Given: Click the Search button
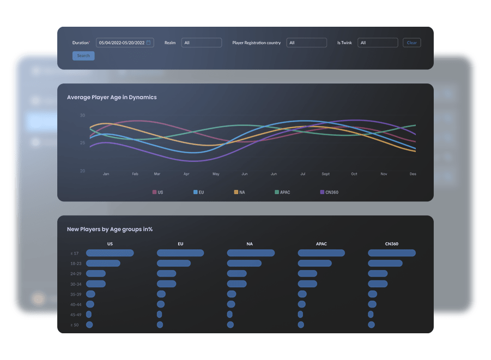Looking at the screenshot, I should pyautogui.click(x=83, y=56).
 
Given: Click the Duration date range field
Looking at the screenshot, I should pyautogui.click(x=122, y=43).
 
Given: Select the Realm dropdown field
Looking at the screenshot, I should pyautogui.click(x=202, y=43).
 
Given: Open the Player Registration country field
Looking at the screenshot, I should pyautogui.click(x=307, y=43).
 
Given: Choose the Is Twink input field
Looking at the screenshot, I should pyautogui.click(x=378, y=43).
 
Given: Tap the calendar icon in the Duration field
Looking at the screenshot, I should pyautogui.click(x=149, y=43).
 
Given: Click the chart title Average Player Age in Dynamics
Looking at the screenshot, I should pyautogui.click(x=112, y=97).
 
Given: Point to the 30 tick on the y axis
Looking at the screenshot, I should pyautogui.click(x=82, y=116).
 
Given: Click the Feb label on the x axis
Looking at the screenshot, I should pyautogui.click(x=135, y=174).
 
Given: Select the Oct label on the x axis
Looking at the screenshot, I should pyautogui.click(x=354, y=174).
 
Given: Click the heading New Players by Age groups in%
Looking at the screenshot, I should pyautogui.click(x=110, y=229).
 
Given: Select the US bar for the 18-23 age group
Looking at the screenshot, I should pyautogui.click(x=103, y=263).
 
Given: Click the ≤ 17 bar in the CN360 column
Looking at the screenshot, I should pyautogui.click(x=392, y=253).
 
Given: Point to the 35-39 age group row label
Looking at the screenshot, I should pyautogui.click(x=76, y=294).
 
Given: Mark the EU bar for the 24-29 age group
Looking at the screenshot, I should pyautogui.click(x=166, y=273).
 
